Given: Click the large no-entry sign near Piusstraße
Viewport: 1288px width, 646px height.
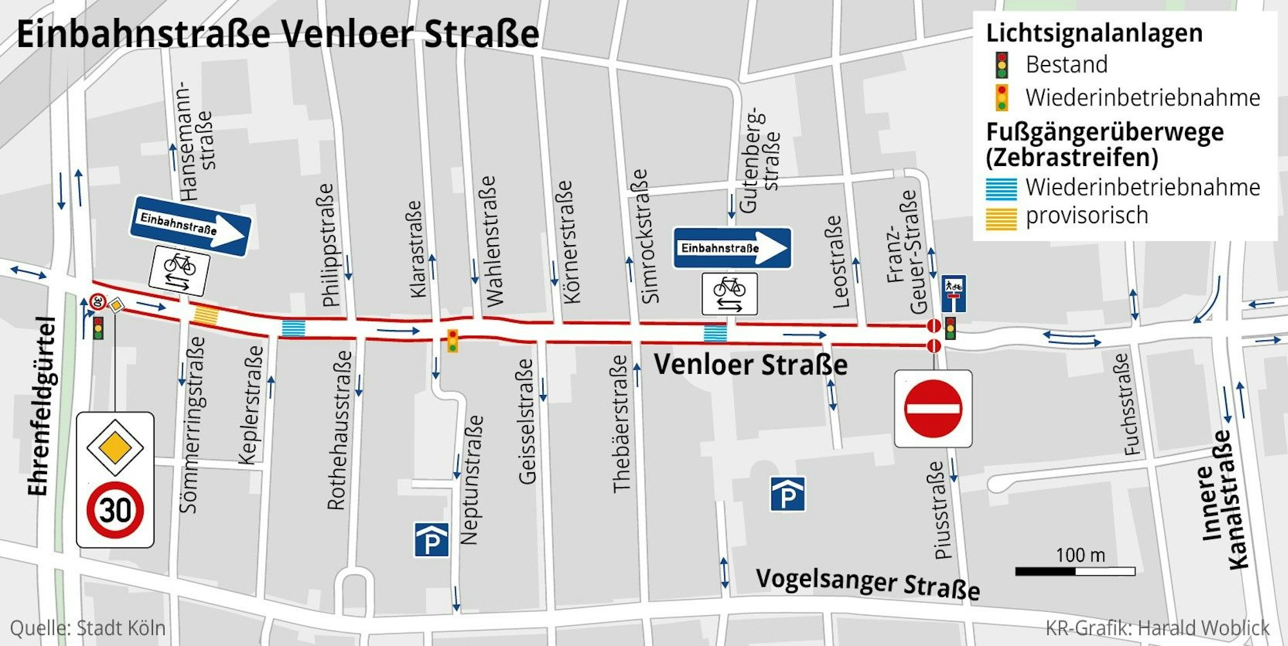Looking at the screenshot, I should pyautogui.click(x=933, y=409).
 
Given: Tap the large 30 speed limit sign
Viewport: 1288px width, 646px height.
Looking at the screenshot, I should pyautogui.click(x=115, y=510).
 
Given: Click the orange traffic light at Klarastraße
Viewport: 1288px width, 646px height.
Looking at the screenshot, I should pyautogui.click(x=453, y=340).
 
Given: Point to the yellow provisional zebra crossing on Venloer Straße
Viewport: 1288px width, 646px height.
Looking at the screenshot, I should pyautogui.click(x=206, y=315).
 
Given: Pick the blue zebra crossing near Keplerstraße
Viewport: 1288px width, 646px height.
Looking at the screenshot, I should pyautogui.click(x=293, y=328).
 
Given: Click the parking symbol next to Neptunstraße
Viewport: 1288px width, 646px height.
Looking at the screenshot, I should pyautogui.click(x=431, y=540).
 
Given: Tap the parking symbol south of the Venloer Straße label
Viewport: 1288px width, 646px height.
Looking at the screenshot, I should pyautogui.click(x=787, y=494).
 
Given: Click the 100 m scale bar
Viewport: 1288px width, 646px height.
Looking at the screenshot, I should pyautogui.click(x=1075, y=571).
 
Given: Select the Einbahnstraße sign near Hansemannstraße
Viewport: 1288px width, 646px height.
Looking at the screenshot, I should pyautogui.click(x=190, y=226).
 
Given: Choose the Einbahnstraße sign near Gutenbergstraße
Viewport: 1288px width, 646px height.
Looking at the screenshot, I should pyautogui.click(x=732, y=248).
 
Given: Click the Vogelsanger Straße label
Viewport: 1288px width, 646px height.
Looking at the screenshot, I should pyautogui.click(x=867, y=583).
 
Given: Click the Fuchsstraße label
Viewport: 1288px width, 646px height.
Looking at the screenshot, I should pyautogui.click(x=1131, y=405).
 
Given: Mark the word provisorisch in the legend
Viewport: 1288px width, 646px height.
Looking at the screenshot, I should pyautogui.click(x=1086, y=216).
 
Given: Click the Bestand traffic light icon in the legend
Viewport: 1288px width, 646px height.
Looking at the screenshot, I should pyautogui.click(x=1001, y=65).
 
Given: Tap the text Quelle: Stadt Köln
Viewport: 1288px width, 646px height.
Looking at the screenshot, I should pyautogui.click(x=88, y=628).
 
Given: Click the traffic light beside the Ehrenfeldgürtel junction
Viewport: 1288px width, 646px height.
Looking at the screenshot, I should pyautogui.click(x=98, y=328).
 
